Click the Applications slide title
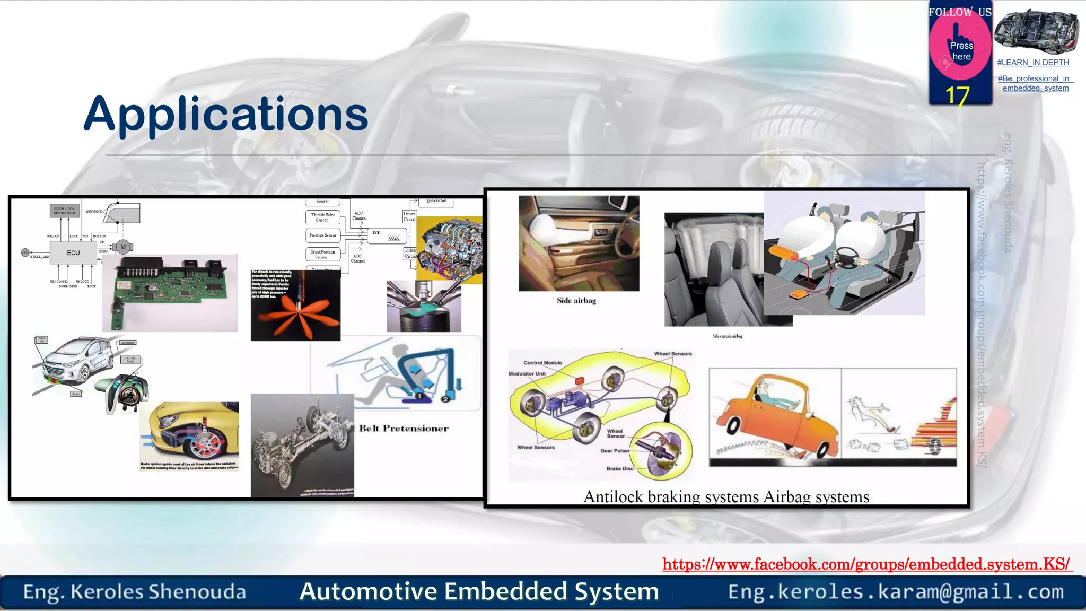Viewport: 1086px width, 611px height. pyautogui.click(x=226, y=114)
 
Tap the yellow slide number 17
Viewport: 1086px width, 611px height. pyautogui.click(x=957, y=96)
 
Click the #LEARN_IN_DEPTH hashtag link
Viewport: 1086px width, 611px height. pyautogui.click(x=1033, y=63)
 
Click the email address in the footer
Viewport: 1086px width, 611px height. pyautogui.click(x=896, y=591)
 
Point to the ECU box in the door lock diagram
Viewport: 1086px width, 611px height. pyautogui.click(x=74, y=253)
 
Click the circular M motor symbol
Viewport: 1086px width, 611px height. pyautogui.click(x=123, y=247)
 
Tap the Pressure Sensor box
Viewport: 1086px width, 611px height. pyautogui.click(x=322, y=235)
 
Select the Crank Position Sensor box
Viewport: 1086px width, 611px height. pyautogui.click(x=322, y=254)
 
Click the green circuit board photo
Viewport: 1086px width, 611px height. pyautogui.click(x=170, y=293)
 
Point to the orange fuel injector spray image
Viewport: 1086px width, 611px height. pyautogui.click(x=295, y=305)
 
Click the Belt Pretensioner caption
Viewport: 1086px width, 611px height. pyautogui.click(x=404, y=429)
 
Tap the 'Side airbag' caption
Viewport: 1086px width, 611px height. pyautogui.click(x=576, y=301)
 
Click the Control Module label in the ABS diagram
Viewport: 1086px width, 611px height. pyautogui.click(x=542, y=363)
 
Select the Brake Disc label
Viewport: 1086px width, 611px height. pyautogui.click(x=619, y=469)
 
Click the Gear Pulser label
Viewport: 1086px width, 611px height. pyautogui.click(x=615, y=451)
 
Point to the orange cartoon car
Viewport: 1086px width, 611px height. pyautogui.click(x=774, y=417)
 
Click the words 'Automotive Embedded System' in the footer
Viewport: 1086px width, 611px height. pyautogui.click(x=479, y=591)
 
